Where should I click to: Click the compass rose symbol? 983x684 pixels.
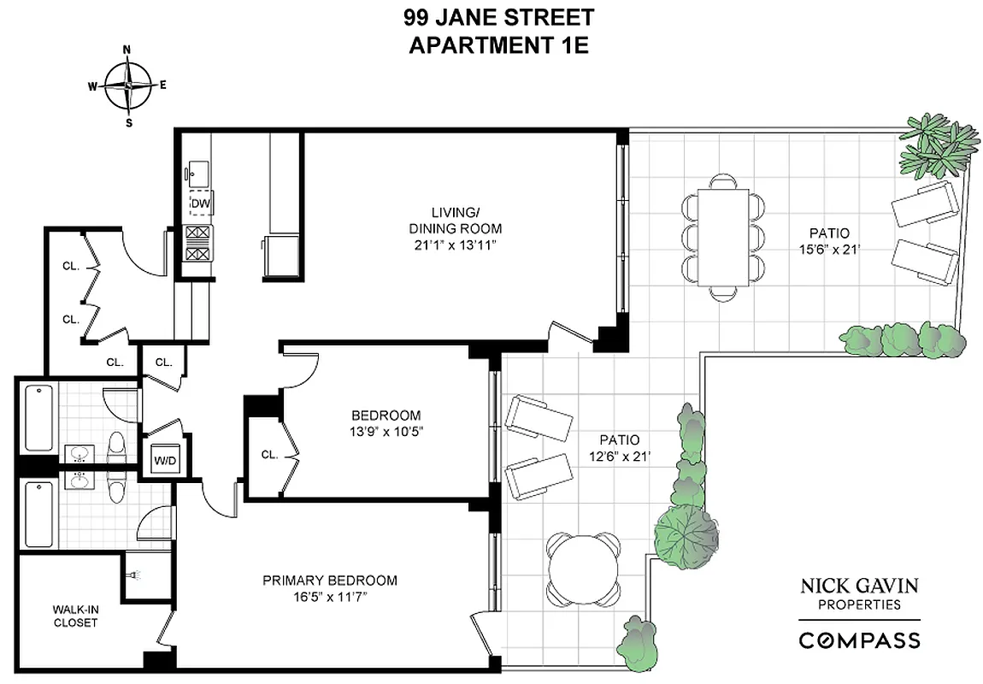point(128,85)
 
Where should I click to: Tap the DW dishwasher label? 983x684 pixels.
point(200,203)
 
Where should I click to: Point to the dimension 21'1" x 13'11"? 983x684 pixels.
point(454,245)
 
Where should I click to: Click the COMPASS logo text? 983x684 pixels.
point(859,640)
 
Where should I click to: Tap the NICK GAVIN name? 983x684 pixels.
point(859,587)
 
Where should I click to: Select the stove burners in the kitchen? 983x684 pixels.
point(198,242)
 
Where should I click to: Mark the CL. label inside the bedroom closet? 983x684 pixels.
point(268,455)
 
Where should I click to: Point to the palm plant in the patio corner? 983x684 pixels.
point(938,145)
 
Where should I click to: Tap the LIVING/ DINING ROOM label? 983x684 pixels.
point(454,221)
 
